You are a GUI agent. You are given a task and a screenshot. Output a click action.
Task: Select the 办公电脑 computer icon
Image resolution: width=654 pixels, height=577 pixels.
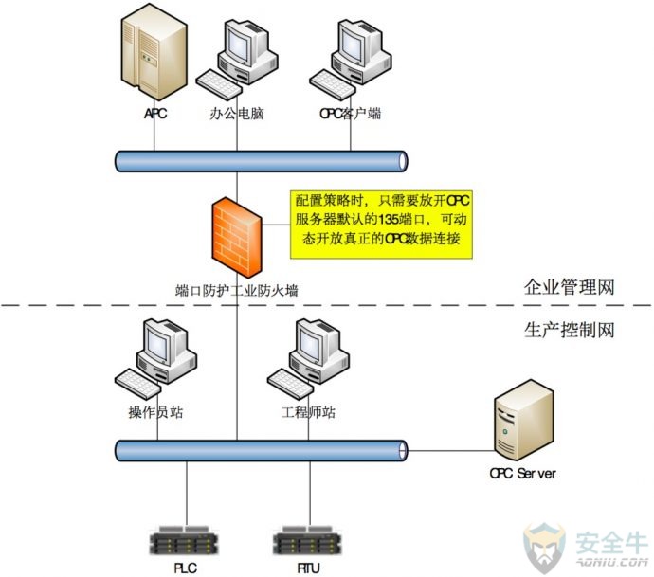point(237,59)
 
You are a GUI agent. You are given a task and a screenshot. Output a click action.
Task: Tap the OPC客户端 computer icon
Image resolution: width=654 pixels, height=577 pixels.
point(351,59)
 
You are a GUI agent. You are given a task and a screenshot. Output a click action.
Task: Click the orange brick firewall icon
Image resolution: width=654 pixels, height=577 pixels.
point(237,237)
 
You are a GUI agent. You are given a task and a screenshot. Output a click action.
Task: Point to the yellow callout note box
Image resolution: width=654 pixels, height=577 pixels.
point(381,225)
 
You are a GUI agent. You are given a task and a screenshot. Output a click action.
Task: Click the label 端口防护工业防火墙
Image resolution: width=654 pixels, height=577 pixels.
point(237,290)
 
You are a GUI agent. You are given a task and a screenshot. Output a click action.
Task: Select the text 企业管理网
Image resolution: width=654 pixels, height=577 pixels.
point(570,287)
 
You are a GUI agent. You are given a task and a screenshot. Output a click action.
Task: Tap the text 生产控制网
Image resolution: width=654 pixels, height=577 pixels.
point(570,331)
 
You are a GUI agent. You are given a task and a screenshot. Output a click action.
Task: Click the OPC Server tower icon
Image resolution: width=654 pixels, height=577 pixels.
point(524,421)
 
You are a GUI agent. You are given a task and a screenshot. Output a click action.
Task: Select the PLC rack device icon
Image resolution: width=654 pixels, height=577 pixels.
point(184,540)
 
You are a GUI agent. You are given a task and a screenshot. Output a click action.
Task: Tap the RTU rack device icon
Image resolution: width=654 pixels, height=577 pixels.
point(307,540)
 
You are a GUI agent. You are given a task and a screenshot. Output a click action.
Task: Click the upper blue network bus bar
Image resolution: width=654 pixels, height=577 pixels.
point(261,161)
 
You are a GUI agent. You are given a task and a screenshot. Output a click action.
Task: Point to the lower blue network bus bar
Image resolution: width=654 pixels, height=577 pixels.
point(261,451)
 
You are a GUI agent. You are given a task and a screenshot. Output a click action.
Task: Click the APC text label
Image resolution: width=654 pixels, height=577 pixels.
point(155,114)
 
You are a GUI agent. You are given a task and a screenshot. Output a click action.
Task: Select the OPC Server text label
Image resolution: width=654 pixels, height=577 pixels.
point(522,474)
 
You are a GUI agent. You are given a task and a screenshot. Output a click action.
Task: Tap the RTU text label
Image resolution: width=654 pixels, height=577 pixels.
point(309,568)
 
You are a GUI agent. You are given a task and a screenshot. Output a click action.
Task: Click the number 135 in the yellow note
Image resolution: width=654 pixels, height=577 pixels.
point(389,219)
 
